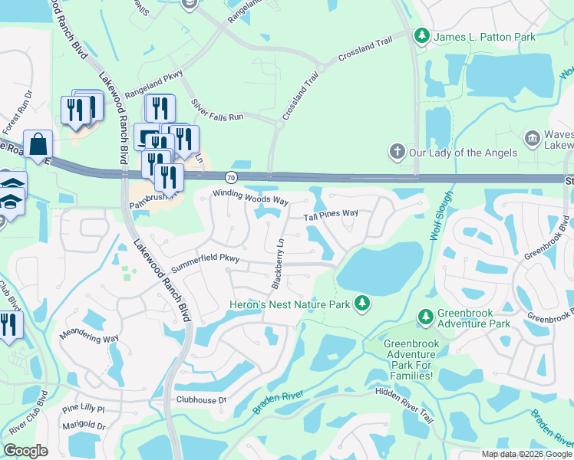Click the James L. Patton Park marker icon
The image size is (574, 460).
[x=421, y=35]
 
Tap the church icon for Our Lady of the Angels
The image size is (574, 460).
[x=397, y=151]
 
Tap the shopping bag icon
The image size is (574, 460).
[x=38, y=144]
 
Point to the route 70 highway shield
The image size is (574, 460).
[x=232, y=178]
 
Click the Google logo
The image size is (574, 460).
[x=26, y=451]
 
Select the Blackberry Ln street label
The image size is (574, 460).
[x=279, y=262]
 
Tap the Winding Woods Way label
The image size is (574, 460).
[x=249, y=198]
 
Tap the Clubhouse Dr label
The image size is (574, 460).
[x=202, y=399]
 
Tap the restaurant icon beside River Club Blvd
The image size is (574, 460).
[x=8, y=324]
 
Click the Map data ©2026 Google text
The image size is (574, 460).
[x=526, y=453]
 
